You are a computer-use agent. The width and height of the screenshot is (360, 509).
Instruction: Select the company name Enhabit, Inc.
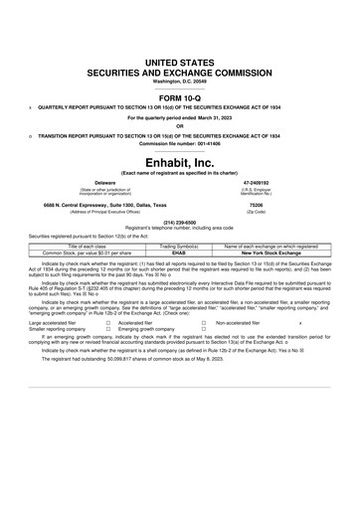[x=180, y=161]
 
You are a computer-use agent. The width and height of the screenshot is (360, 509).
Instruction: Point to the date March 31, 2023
[x=222, y=117]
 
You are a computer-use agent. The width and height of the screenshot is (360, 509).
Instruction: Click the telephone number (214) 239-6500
[x=180, y=222]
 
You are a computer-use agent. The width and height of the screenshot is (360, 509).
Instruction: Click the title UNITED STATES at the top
[x=180, y=62]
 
